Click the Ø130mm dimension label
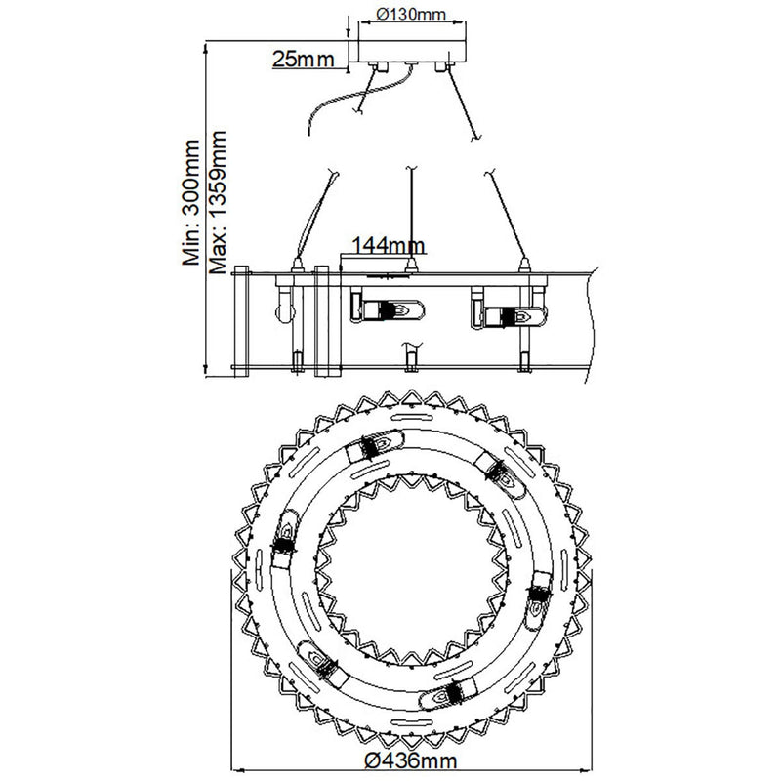point(411,14)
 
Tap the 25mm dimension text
point(304,60)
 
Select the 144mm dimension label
point(389,245)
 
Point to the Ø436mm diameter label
point(410,760)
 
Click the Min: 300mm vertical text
point(190,203)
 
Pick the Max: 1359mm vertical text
point(218,203)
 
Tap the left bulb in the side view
point(388,309)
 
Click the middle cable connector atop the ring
point(411,265)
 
